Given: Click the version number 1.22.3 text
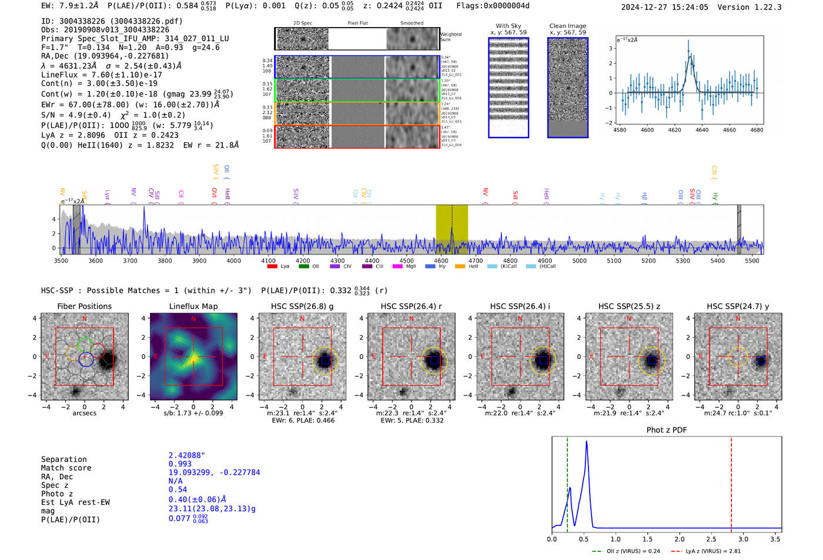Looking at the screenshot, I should coord(767,7).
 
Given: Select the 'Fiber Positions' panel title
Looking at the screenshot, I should coord(84,306).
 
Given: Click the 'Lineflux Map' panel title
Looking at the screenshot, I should coord(193,306).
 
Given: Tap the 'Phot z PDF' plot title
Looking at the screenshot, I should coord(667,430).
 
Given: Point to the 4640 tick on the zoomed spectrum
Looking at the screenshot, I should coord(702,130).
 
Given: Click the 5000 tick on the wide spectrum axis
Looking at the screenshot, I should coord(579,260).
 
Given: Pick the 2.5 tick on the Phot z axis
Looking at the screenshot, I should coord(711,539).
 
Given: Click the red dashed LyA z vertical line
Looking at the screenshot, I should coord(731,482).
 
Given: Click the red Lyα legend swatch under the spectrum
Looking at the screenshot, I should coord(272,266).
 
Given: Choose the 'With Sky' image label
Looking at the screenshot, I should coord(508,26).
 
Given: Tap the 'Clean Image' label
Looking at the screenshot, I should coord(567,26).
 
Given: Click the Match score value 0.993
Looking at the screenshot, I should coord(180,464).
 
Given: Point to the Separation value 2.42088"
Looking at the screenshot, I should coord(186,455).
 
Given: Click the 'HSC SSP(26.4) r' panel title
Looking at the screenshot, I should coord(411,306).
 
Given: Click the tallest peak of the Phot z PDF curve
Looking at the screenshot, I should coord(586,442).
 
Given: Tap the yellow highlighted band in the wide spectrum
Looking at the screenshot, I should coord(451,229).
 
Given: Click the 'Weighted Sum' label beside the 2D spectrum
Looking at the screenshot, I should coord(451,37).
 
